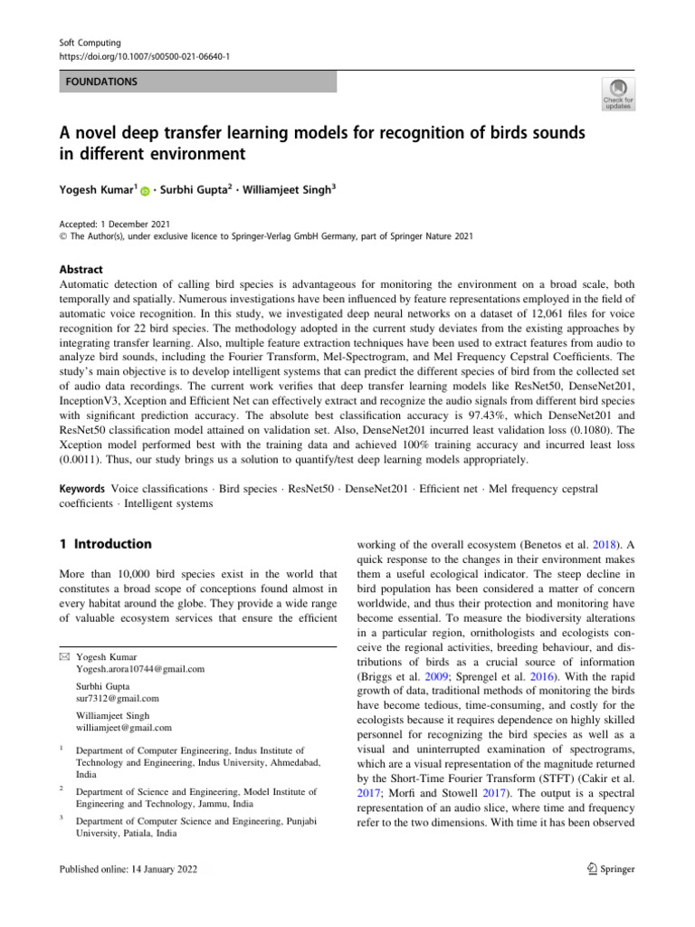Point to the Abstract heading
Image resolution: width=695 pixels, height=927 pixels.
click(x=80, y=269)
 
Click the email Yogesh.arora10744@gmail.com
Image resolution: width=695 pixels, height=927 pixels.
click(x=140, y=669)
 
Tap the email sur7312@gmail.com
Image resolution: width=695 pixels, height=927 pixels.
click(x=118, y=698)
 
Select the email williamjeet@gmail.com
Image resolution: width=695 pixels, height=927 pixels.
click(x=126, y=727)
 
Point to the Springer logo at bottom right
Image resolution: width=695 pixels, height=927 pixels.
click(x=607, y=869)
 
